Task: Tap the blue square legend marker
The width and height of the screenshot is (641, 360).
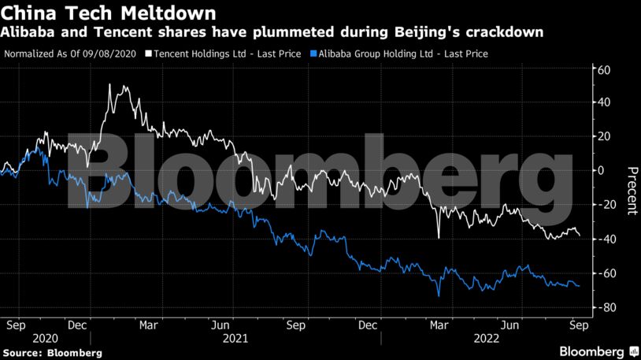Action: click(314, 54)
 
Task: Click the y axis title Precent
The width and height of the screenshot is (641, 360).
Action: click(631, 190)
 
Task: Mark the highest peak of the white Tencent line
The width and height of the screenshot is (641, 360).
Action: click(109, 84)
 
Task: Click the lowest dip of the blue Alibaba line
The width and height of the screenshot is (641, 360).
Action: click(438, 295)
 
